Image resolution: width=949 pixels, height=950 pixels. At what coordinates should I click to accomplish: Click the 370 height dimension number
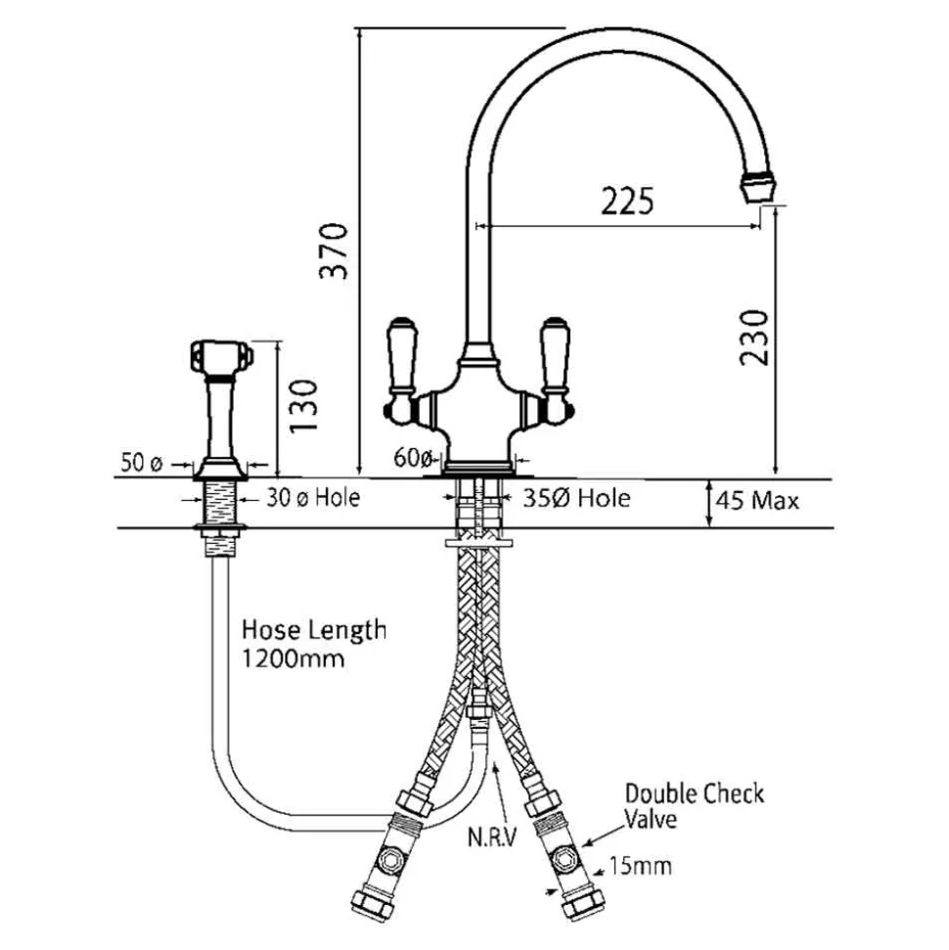point(334,250)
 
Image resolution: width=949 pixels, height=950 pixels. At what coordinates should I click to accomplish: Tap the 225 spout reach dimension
point(627,202)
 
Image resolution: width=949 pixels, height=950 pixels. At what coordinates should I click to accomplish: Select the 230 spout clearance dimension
point(754,338)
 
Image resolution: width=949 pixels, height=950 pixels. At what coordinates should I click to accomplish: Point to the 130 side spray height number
point(303,405)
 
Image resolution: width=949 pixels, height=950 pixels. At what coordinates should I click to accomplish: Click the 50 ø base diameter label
point(142,463)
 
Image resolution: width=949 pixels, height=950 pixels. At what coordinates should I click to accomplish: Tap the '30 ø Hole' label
point(313,498)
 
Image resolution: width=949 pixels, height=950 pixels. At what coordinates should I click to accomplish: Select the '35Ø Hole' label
point(576,499)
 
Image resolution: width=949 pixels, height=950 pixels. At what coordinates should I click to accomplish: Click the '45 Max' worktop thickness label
point(757,501)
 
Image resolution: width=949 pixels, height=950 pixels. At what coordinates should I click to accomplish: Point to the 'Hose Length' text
point(314,631)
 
